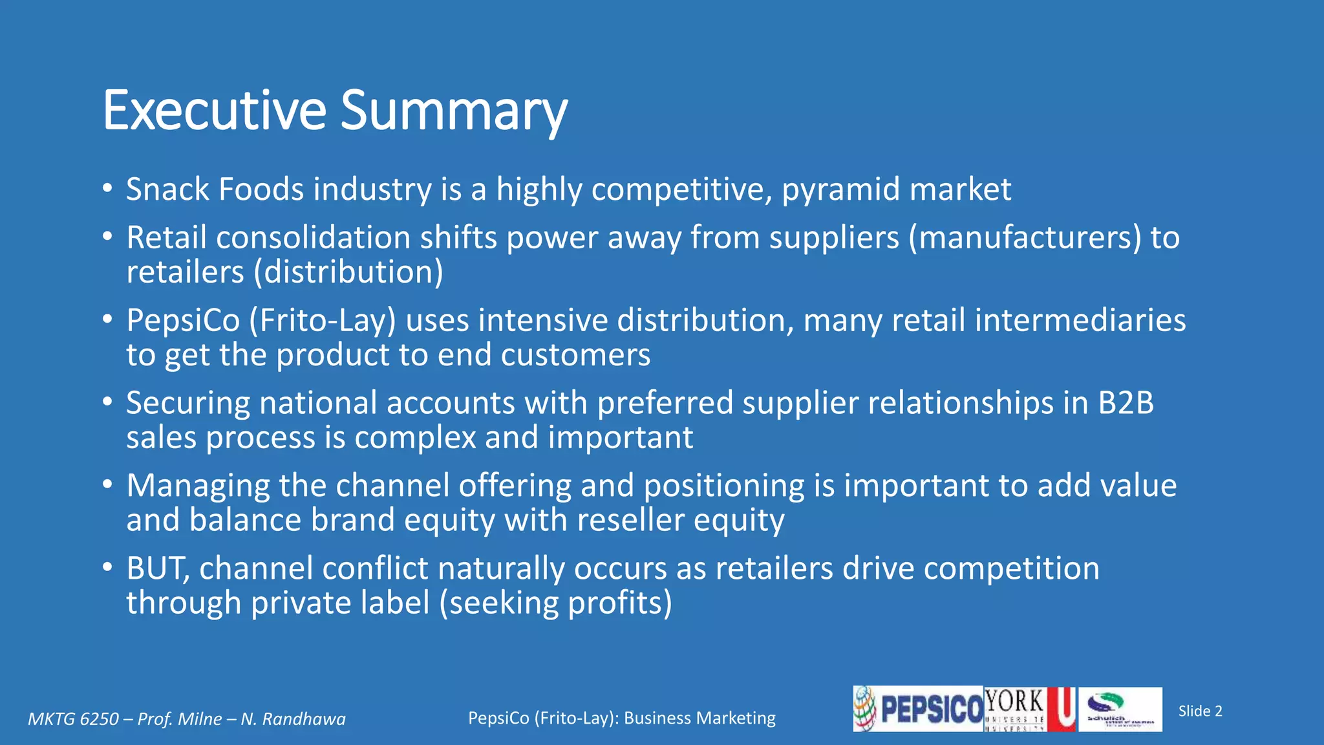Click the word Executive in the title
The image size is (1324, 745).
point(214,111)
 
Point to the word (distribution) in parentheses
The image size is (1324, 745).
point(348,272)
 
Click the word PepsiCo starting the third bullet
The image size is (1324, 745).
point(183,321)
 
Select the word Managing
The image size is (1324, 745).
point(197,486)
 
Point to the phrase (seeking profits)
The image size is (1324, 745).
point(555,603)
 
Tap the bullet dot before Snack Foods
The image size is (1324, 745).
point(107,189)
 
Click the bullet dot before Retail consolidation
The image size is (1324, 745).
point(107,237)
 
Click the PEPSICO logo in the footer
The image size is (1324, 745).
point(918,709)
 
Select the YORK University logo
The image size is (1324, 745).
point(1029,709)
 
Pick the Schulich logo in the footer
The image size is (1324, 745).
point(1120,709)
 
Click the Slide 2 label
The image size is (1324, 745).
point(1200,711)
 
